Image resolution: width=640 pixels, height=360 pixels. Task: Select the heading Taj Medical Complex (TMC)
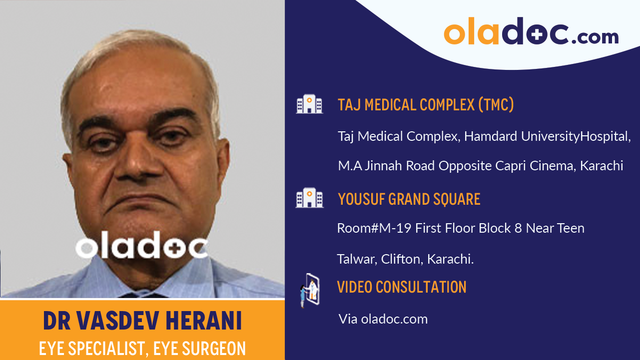point(426,105)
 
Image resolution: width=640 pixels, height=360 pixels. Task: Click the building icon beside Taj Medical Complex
point(309,104)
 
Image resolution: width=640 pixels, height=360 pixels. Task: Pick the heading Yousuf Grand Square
point(409,199)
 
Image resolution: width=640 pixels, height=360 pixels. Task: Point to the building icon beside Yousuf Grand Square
point(309,198)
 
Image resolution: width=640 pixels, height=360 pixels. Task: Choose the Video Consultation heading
point(402,287)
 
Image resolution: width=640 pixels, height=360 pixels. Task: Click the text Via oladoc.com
point(383,319)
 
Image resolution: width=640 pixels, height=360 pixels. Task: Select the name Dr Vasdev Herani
point(142,322)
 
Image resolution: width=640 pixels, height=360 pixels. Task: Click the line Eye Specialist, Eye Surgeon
point(142,349)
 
